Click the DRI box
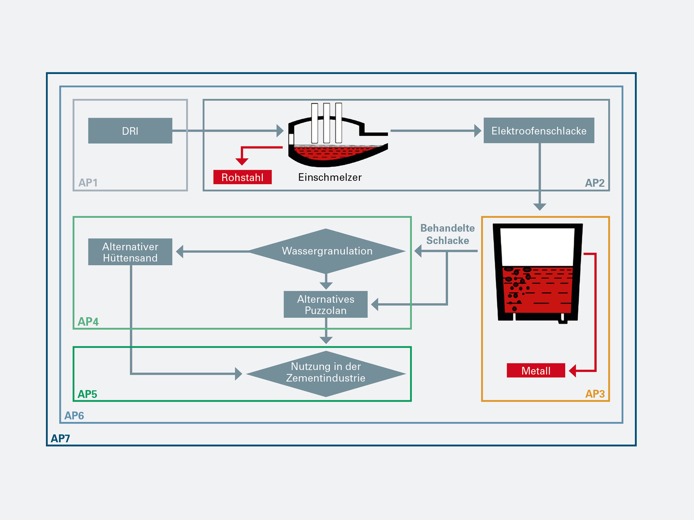tap(130, 131)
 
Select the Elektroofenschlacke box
tap(539, 131)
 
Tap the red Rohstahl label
tap(242, 177)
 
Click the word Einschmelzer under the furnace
tap(330, 177)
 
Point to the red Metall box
tap(536, 371)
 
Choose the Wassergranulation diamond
tap(327, 251)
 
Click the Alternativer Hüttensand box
tap(130, 252)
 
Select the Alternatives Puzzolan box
tap(326, 305)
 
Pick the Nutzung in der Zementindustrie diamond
tap(326, 373)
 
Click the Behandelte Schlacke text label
tap(447, 234)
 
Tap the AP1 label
tap(88, 182)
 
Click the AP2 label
tap(594, 183)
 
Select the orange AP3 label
tap(594, 394)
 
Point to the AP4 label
tap(88, 321)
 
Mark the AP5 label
tap(87, 394)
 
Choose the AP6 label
tap(74, 415)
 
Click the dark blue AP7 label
tap(60, 438)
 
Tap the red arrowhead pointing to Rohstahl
tap(242, 161)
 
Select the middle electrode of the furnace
tap(326, 123)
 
